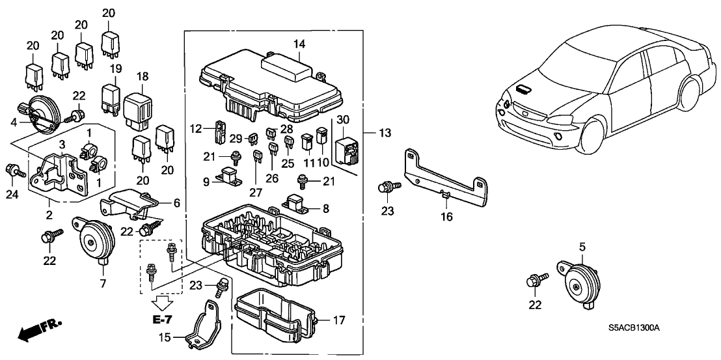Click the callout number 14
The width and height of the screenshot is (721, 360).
click(299, 44)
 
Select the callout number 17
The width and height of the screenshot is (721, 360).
click(338, 320)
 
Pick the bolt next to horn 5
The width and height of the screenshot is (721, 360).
click(537, 281)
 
